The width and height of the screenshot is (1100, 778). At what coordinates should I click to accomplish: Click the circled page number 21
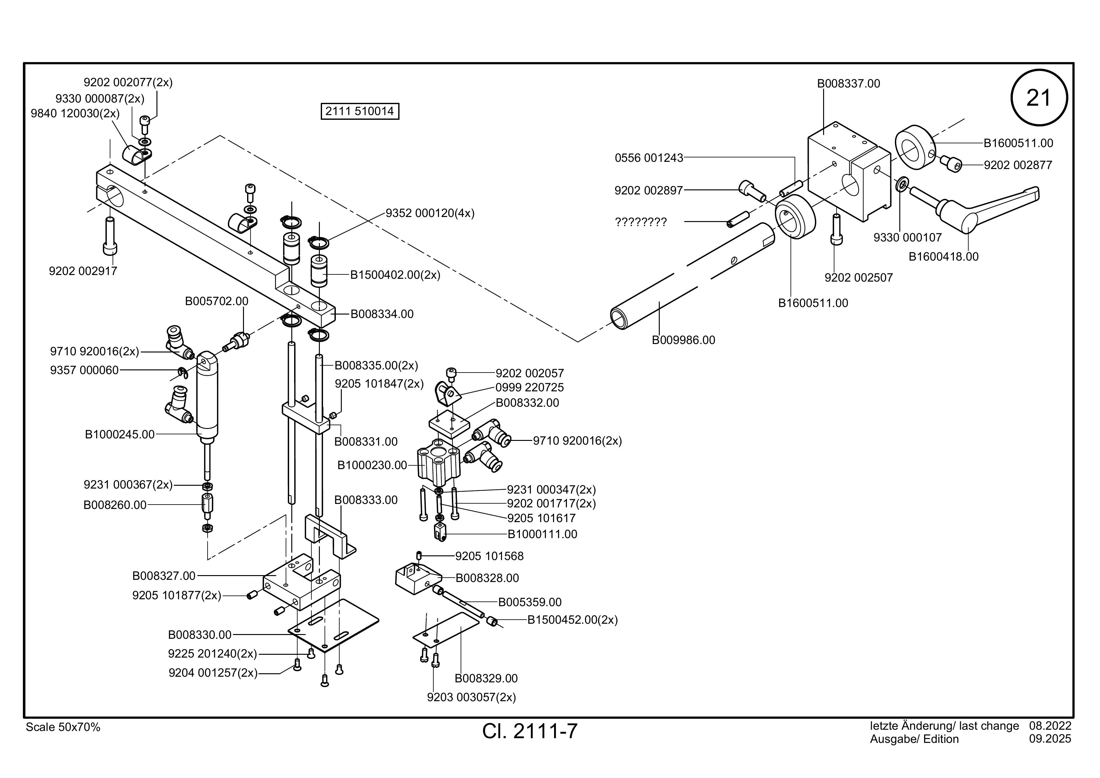pos(1039,98)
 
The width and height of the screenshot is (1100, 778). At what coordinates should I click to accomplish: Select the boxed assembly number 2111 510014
pos(359,111)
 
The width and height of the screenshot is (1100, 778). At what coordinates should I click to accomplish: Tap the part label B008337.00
pos(849,83)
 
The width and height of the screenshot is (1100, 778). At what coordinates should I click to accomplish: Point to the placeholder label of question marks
pos(641,222)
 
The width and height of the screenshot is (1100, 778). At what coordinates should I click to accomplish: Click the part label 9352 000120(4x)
pos(430,213)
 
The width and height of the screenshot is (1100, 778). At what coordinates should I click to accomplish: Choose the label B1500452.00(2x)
pos(573,620)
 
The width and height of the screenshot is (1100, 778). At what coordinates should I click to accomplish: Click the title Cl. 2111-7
pos(530,731)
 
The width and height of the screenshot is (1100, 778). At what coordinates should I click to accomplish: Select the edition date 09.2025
pos(1050,739)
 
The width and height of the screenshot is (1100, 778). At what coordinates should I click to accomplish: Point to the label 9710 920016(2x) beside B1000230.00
pos(577,441)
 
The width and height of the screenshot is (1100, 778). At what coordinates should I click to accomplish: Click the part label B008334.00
pos(382,314)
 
